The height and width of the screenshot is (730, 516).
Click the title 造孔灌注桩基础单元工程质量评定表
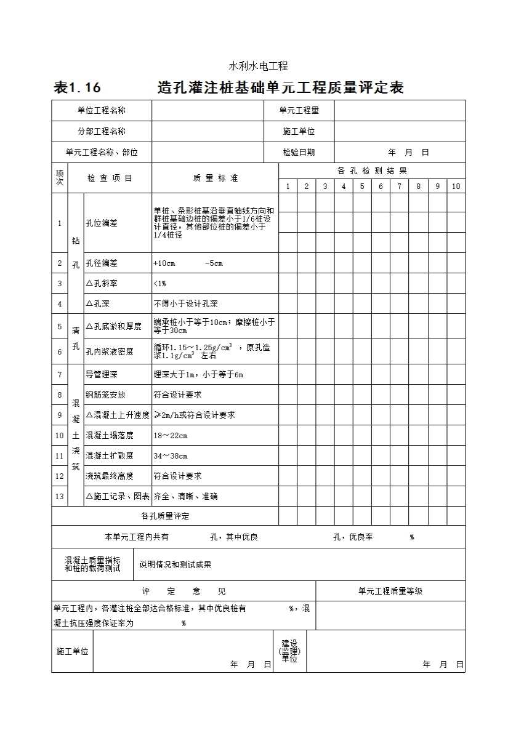pyautogui.click(x=280, y=88)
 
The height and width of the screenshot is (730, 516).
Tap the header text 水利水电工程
pyautogui.click(x=259, y=66)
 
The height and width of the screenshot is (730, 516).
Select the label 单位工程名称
pyautogui.click(x=102, y=111)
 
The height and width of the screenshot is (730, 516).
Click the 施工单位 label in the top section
pyautogui.click(x=299, y=131)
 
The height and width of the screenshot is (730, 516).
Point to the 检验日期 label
pyautogui.click(x=299, y=152)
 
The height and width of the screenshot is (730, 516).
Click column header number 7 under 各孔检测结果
pyautogui.click(x=399, y=187)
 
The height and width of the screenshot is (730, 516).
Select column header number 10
pyautogui.click(x=456, y=187)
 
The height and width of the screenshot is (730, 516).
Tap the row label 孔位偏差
pyautogui.click(x=102, y=223)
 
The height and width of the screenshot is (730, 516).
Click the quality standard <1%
pyautogui.click(x=159, y=283)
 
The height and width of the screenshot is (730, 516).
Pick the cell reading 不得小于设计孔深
pyautogui.click(x=185, y=303)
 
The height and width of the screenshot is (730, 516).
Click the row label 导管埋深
pyautogui.click(x=102, y=374)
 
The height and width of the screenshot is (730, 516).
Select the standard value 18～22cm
pyautogui.click(x=171, y=435)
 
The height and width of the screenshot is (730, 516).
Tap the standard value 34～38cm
pyautogui.click(x=171, y=455)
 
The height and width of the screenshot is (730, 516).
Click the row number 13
pyautogui.click(x=60, y=496)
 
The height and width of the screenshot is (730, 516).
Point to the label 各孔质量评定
pyautogui.click(x=165, y=516)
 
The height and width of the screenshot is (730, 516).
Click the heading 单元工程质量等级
pyautogui.click(x=390, y=591)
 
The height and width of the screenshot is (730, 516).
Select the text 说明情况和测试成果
pyautogui.click(x=175, y=564)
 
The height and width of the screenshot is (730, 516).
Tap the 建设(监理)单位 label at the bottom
pyautogui.click(x=289, y=651)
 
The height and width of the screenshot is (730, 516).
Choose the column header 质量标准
pyautogui.click(x=215, y=178)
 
